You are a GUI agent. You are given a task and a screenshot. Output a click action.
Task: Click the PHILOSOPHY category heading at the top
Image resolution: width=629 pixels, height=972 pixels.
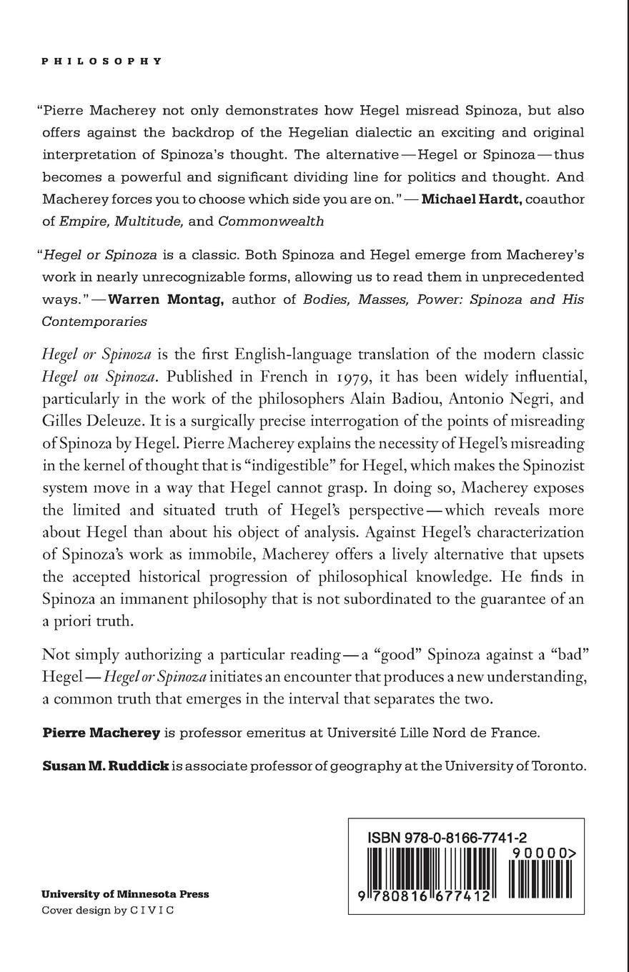102,61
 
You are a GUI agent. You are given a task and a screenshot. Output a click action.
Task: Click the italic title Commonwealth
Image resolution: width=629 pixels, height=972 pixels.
271,221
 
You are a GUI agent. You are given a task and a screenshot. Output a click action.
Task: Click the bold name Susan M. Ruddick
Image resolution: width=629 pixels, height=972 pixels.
106,766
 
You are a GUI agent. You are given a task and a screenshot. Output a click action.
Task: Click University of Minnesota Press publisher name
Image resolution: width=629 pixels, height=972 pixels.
125,894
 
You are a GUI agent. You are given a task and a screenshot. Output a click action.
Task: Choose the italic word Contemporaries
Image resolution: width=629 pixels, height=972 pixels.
94,322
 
